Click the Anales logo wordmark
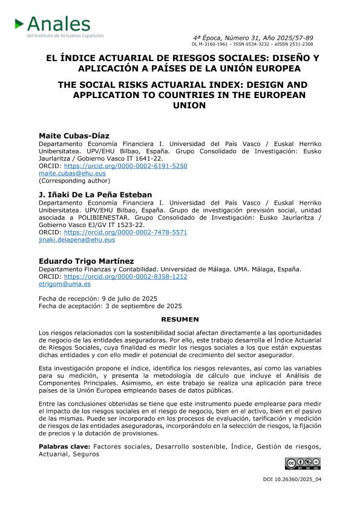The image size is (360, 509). pyautogui.click(x=59, y=25)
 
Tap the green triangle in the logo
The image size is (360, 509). pyautogui.click(x=20, y=24)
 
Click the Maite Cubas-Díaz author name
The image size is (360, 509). pyautogui.click(x=66, y=136)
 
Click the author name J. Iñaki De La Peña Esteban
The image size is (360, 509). pyautogui.click(x=95, y=194)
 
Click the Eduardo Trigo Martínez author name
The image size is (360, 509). pyautogui.click(x=87, y=261)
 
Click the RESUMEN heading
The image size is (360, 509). pyautogui.click(x=180, y=319)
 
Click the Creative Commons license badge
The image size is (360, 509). pyautogui.click(x=303, y=464)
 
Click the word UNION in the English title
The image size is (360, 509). pyautogui.click(x=180, y=106)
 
